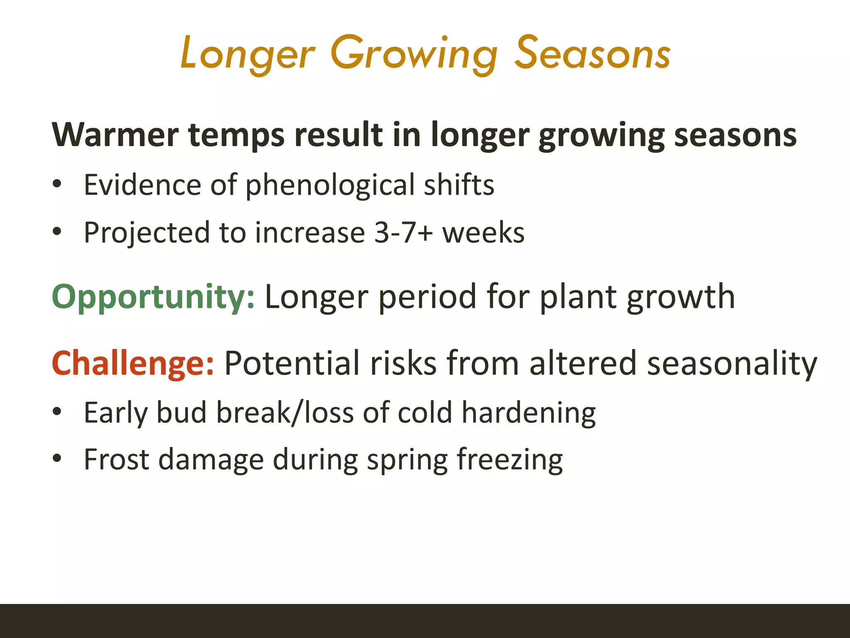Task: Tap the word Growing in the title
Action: coord(414,55)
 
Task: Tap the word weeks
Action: coord(483,233)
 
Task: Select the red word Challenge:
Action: coord(133,363)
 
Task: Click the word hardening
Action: coord(529,414)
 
